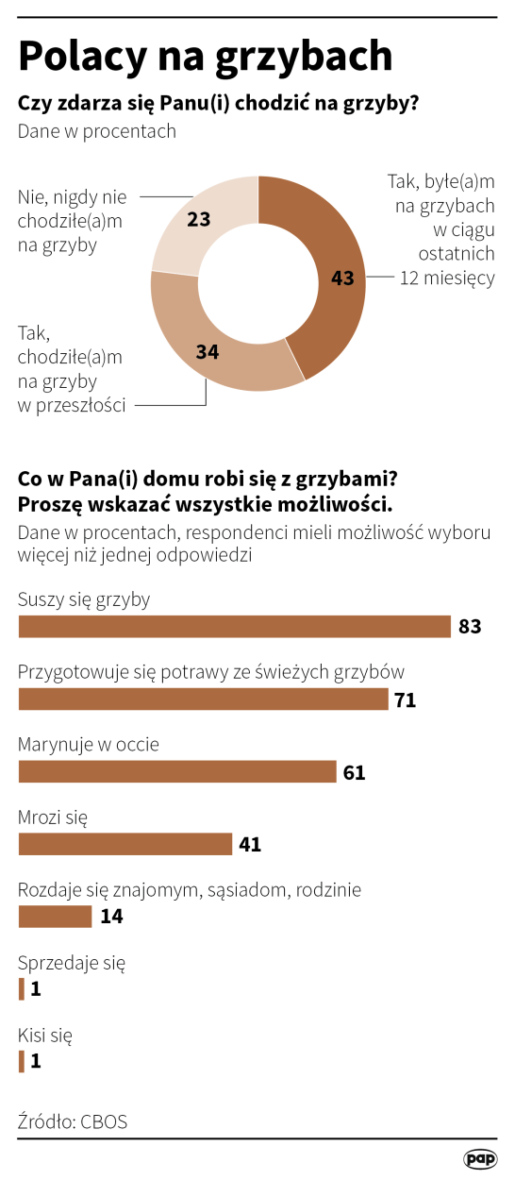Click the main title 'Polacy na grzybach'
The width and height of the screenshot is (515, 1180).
coord(205,57)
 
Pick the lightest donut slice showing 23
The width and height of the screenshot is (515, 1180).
coord(203,222)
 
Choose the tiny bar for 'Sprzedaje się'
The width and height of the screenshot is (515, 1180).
coord(22,989)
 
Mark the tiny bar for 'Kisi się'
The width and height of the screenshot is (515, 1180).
coord(22,1062)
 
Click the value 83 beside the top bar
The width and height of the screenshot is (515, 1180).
coord(470,627)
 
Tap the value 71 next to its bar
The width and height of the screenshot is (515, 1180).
coord(406,700)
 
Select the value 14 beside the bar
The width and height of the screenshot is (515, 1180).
coord(111,917)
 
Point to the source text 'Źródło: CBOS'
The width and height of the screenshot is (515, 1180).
coord(73,1121)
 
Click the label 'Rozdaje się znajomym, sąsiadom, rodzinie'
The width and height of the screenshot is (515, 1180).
coord(190,889)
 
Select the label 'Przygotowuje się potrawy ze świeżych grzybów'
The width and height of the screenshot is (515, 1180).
coord(211,671)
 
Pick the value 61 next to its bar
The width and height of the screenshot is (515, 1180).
coord(354,772)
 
